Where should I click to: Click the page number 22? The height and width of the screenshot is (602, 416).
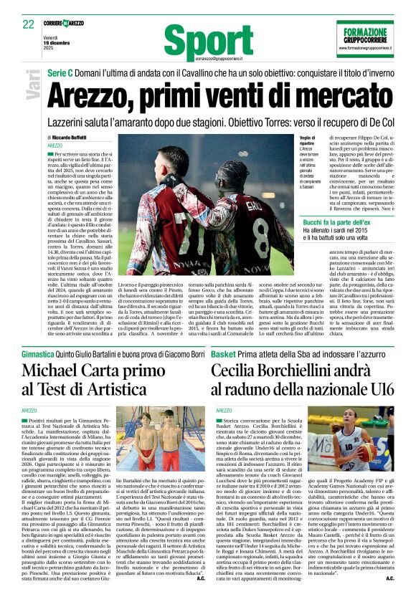click(x=28, y=24)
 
